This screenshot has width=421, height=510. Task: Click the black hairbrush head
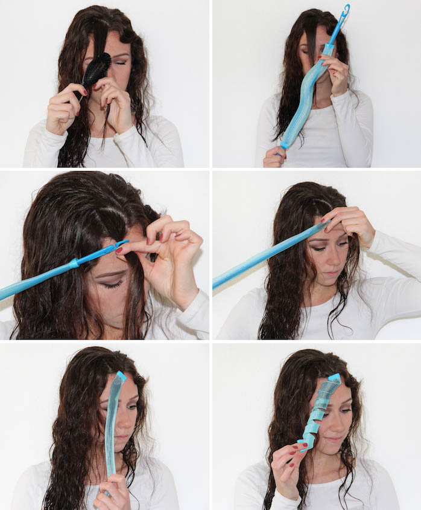98,68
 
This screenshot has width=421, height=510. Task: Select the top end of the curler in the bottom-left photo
121,376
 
